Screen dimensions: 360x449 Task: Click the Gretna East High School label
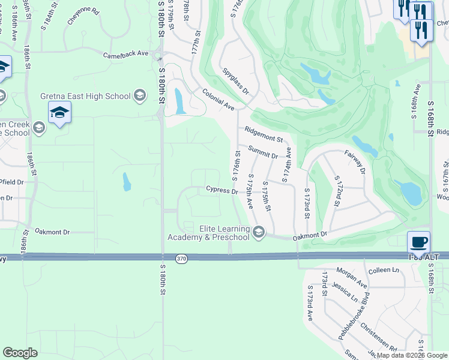tap(85, 96)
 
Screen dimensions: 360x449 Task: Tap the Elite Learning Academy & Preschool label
tap(224, 232)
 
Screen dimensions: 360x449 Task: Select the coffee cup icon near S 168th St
tap(419, 242)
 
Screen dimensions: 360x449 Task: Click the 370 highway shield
tap(181, 259)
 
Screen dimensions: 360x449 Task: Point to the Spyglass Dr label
tap(236, 80)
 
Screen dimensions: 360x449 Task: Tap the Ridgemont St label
tap(264, 134)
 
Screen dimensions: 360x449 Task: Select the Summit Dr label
tap(263, 151)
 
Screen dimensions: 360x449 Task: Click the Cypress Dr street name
tap(222, 190)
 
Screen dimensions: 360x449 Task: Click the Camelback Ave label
tap(125, 54)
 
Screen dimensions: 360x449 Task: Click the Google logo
tap(20, 352)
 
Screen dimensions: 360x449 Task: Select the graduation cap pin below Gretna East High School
tap(60, 112)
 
